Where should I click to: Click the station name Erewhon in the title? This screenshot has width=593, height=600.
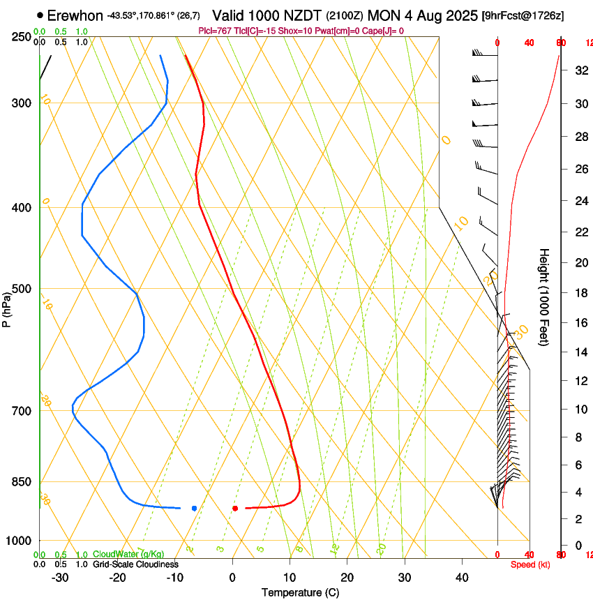(75, 15)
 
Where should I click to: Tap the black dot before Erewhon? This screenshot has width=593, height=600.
(40, 15)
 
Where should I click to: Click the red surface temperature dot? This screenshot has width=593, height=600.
(235, 508)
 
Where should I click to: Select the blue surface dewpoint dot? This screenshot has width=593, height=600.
(194, 508)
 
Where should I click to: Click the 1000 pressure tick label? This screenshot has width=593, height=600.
(20, 541)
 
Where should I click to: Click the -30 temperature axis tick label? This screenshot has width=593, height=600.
(59, 578)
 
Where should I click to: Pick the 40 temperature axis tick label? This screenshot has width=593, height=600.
(462, 578)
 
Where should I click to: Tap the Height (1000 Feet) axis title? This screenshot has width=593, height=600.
(545, 297)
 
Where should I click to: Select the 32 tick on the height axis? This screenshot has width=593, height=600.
(580, 70)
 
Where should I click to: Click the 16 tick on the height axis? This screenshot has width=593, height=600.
(580, 323)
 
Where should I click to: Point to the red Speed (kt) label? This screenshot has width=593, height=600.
(529, 564)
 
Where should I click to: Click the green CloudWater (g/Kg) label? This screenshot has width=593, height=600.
(128, 555)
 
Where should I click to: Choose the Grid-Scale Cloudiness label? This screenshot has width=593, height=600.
(135, 564)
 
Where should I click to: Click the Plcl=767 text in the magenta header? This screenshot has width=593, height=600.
(214, 31)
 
